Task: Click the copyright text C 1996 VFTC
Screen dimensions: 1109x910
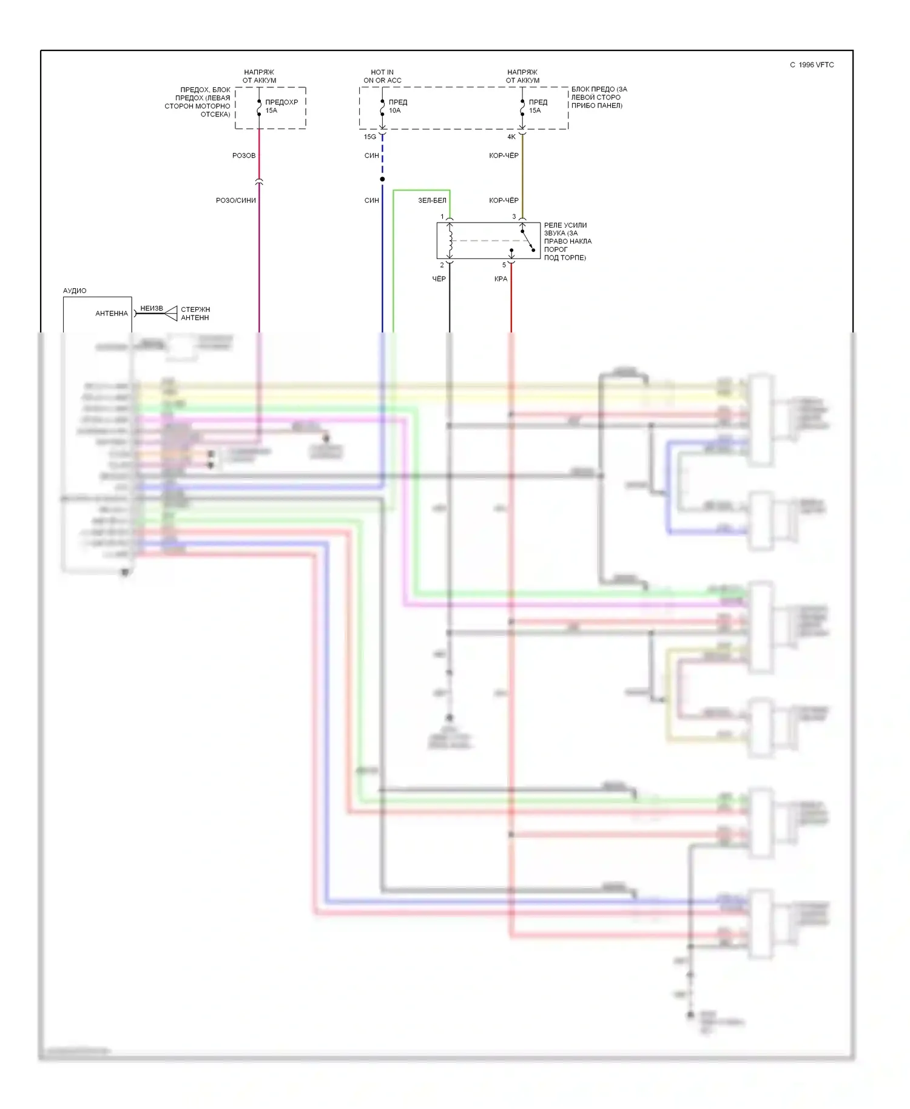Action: coord(812,65)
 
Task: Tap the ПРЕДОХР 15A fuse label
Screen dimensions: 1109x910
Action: coord(281,106)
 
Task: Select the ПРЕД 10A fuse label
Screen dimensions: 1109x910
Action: coord(397,106)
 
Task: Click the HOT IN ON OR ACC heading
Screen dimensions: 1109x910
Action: coord(382,76)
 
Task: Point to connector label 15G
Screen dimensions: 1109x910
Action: coord(369,137)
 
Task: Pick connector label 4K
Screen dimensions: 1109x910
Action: coord(511,137)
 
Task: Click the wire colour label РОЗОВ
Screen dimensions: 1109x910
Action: coord(244,156)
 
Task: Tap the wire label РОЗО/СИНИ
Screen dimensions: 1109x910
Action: coord(236,201)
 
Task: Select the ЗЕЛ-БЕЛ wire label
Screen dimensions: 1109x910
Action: coord(432,201)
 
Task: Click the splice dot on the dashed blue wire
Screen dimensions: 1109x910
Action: coord(382,179)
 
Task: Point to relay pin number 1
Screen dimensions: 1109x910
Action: coord(442,217)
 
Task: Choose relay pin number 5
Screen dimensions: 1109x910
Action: coord(504,265)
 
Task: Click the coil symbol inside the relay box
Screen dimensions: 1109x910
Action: coord(450,241)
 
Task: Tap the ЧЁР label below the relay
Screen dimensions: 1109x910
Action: coord(439,279)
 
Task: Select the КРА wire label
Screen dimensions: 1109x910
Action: coord(500,279)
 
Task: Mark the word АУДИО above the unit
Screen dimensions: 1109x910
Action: coord(75,291)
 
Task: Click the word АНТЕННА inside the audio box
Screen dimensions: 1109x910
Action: coord(112,314)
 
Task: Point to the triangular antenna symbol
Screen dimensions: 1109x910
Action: coord(171,314)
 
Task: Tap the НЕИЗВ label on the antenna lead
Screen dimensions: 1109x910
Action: coord(152,309)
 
